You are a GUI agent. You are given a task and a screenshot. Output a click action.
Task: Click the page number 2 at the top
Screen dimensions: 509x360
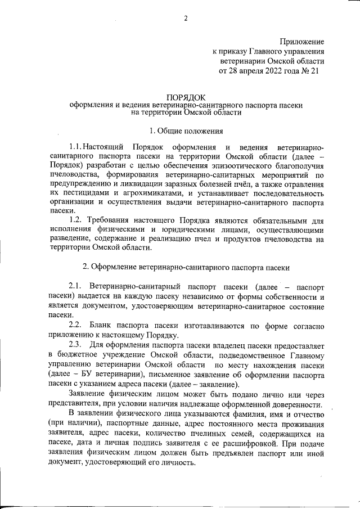[x=186, y=18]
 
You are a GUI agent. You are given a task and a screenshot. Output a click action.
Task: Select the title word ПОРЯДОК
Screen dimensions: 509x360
[x=186, y=97]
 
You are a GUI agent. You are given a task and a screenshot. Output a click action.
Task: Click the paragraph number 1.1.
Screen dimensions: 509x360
[x=79, y=147]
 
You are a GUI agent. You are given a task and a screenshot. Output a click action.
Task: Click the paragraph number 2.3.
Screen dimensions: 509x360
[x=76, y=344]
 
